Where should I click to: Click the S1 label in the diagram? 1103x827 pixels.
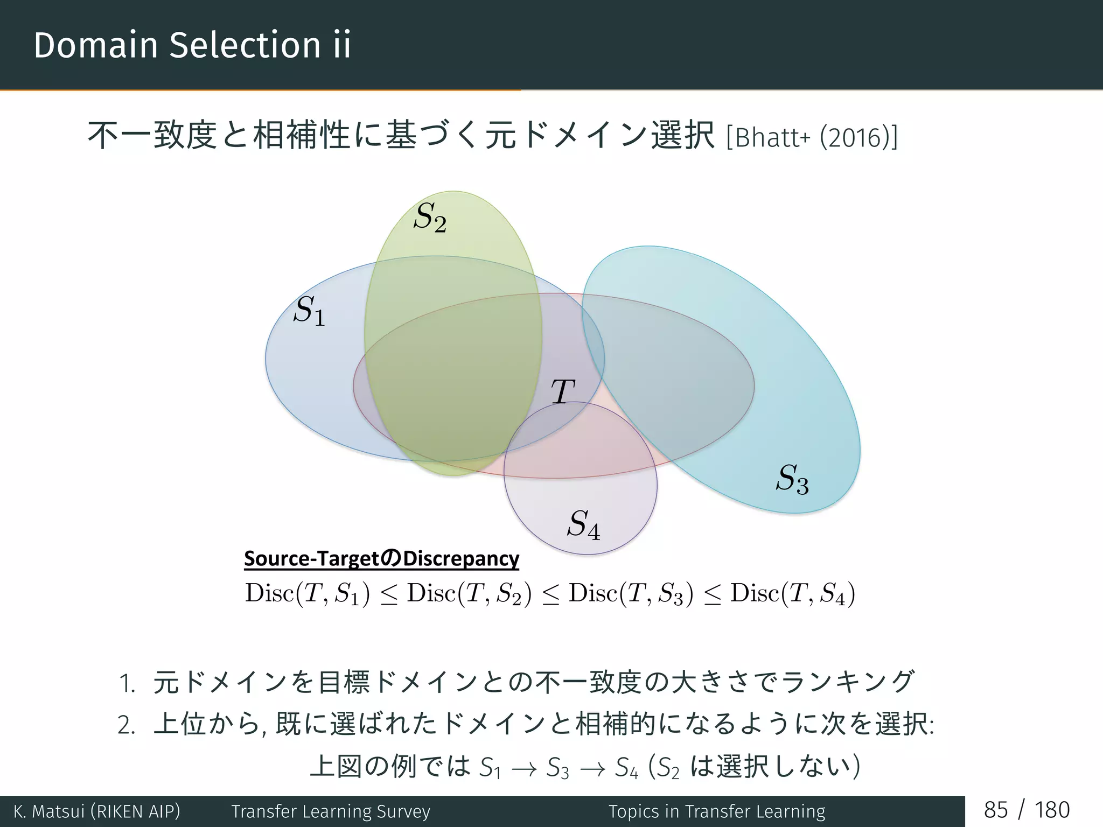(x=309, y=311)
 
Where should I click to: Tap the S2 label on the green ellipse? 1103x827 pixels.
(x=430, y=218)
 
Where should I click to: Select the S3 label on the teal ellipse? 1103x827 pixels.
(x=792, y=479)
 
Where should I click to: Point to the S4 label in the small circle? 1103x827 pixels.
(x=583, y=524)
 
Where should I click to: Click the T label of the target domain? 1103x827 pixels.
(x=563, y=391)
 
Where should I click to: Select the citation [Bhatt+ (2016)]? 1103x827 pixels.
(x=812, y=137)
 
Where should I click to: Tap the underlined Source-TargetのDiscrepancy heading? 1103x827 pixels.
(x=381, y=558)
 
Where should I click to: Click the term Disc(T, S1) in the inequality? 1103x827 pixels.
(x=308, y=594)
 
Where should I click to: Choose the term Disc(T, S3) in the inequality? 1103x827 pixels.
(x=631, y=594)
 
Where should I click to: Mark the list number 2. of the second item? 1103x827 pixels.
(x=127, y=726)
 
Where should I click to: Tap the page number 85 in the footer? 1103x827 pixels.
(x=995, y=810)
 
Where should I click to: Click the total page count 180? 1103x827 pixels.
(x=1052, y=810)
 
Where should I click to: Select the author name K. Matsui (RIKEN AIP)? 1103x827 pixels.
(x=97, y=811)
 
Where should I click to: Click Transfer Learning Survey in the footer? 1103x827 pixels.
(x=331, y=811)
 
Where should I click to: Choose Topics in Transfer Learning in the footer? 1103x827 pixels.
(x=717, y=811)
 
